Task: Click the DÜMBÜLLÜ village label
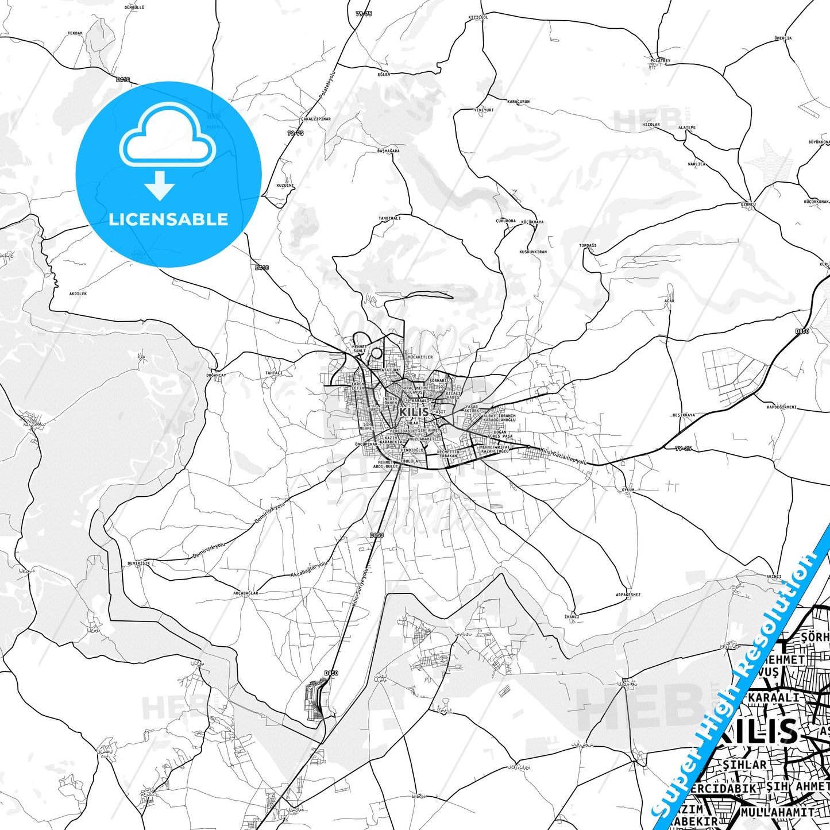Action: tap(134, 7)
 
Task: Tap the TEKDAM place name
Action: tap(75, 33)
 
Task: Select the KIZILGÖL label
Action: tap(478, 17)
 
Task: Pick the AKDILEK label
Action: tap(78, 294)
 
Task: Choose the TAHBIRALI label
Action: tap(389, 218)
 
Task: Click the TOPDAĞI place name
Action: tap(588, 245)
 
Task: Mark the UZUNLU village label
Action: tap(748, 204)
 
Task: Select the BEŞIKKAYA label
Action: tap(684, 415)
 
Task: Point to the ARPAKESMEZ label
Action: tap(628, 595)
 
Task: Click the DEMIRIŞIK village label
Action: tap(139, 563)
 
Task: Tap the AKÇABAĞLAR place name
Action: tap(246, 593)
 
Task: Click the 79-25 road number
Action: tap(683, 448)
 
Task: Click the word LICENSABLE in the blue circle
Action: tap(168, 219)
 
